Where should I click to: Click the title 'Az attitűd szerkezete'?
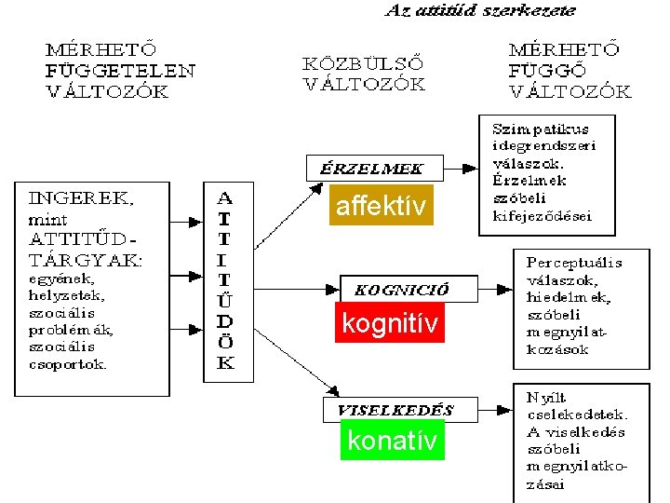[x=480, y=11]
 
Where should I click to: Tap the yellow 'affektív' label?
[x=382, y=206]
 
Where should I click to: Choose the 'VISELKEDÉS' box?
[x=395, y=409]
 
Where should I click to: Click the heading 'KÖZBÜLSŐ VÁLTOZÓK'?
[x=364, y=74]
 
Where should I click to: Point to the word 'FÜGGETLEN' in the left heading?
[x=120, y=69]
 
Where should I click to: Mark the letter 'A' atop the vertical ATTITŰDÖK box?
[x=224, y=198]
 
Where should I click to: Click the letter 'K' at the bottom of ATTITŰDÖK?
[x=224, y=363]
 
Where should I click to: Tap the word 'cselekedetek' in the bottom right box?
[x=576, y=415]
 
